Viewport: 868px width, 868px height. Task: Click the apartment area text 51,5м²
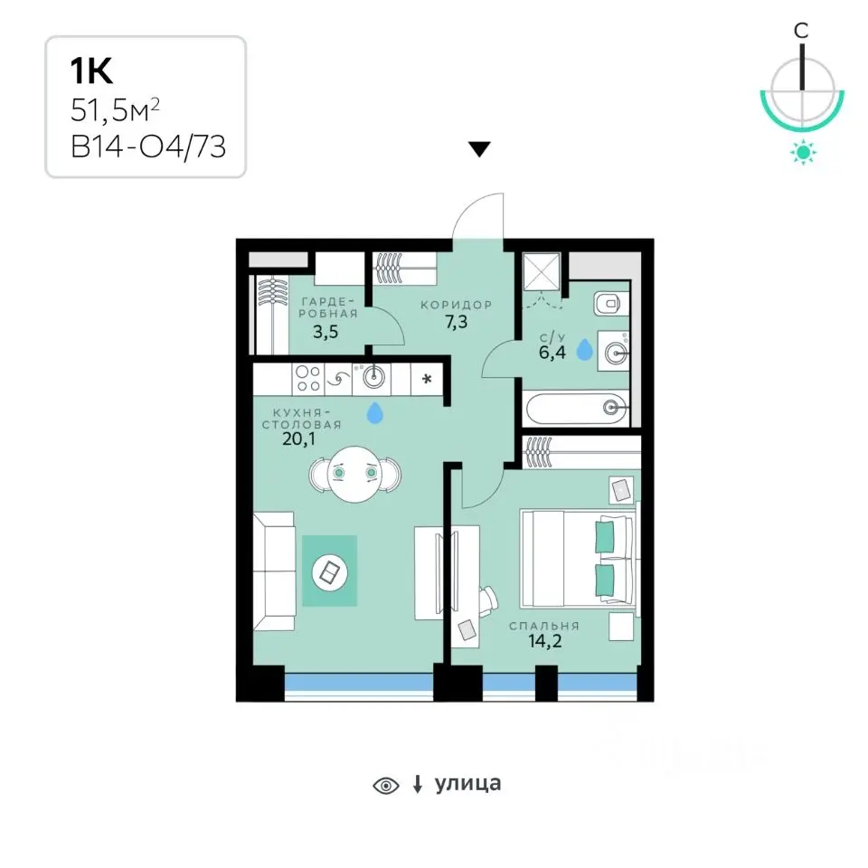pyautogui.click(x=115, y=110)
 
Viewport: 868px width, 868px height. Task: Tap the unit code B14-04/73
pyautogui.click(x=148, y=147)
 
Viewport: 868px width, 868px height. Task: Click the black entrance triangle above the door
pyautogui.click(x=479, y=149)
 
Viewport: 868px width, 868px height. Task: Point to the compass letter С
pyautogui.click(x=801, y=31)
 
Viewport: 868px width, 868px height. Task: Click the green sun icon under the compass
pyautogui.click(x=803, y=152)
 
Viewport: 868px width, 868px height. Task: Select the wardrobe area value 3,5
pyautogui.click(x=325, y=332)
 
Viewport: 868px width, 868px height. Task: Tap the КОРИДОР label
pyautogui.click(x=456, y=305)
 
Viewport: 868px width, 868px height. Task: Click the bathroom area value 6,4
pyautogui.click(x=552, y=352)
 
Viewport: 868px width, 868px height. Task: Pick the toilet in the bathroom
pyautogui.click(x=612, y=304)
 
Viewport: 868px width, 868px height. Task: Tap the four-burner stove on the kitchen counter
pyautogui.click(x=307, y=379)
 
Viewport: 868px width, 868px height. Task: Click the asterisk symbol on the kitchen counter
pyautogui.click(x=427, y=379)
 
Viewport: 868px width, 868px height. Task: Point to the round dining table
pyautogui.click(x=355, y=475)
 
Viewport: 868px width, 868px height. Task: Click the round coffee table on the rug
pyautogui.click(x=330, y=572)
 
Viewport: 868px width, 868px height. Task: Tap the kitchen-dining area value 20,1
pyautogui.click(x=299, y=439)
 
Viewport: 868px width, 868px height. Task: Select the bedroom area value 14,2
pyautogui.click(x=544, y=641)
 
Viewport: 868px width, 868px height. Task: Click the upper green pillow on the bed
pyautogui.click(x=605, y=536)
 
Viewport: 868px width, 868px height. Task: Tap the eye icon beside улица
pyautogui.click(x=386, y=786)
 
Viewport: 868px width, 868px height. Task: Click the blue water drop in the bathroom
pyautogui.click(x=585, y=350)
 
